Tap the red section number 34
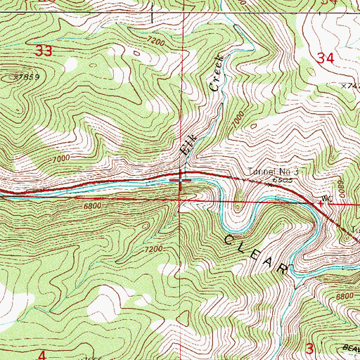click(x=325, y=60)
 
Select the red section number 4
click(x=41, y=355)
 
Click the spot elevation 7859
click(x=25, y=77)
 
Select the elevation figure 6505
click(x=283, y=181)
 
